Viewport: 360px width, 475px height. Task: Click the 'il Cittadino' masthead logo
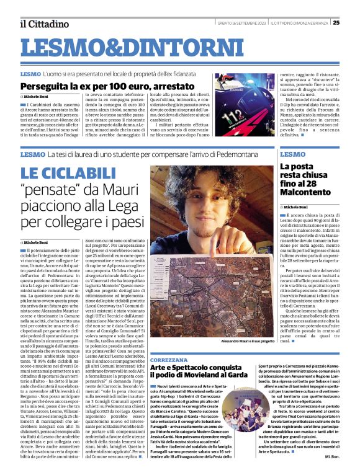[43, 24]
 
